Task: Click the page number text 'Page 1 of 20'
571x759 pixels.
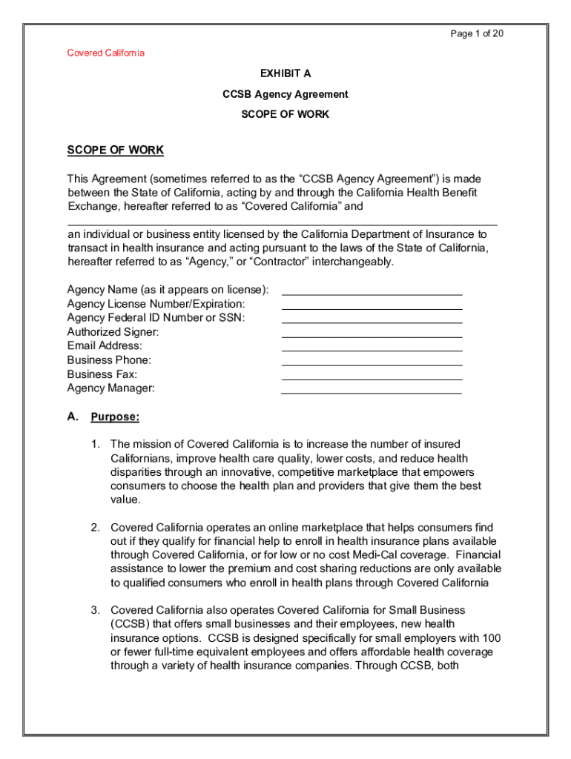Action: (x=478, y=34)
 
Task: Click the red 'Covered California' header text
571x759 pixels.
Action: (x=106, y=53)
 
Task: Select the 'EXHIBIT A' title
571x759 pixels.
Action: (x=285, y=74)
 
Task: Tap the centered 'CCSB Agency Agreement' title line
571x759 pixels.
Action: (x=285, y=95)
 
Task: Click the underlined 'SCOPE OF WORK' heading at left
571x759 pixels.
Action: (x=115, y=150)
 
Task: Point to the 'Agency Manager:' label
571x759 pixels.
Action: (x=111, y=388)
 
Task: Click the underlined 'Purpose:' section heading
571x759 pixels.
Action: (x=115, y=417)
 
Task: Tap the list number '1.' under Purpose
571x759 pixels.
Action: (x=96, y=444)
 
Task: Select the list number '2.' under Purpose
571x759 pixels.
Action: (x=96, y=527)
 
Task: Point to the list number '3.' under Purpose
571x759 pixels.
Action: (x=96, y=610)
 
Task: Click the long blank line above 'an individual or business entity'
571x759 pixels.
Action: (x=282, y=222)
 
